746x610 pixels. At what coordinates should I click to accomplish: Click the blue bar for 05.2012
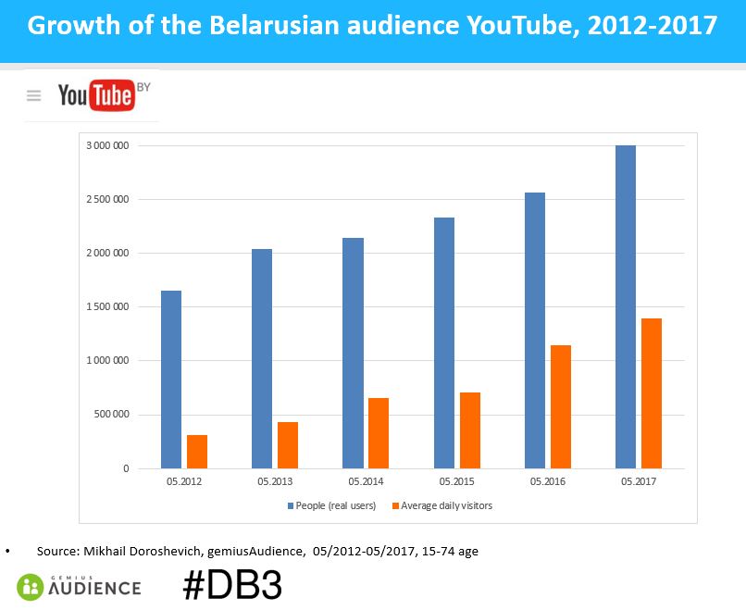[x=171, y=380]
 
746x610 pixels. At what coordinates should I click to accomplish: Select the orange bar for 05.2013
[x=288, y=445]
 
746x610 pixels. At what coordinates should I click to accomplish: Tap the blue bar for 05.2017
[x=626, y=306]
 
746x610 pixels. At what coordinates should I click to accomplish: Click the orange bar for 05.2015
[x=470, y=430]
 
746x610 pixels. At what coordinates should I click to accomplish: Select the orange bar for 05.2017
[x=652, y=393]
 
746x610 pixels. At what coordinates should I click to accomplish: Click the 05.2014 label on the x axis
[x=366, y=482]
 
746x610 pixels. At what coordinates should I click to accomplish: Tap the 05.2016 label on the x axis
[x=547, y=482]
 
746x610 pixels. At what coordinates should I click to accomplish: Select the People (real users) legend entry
[x=334, y=506]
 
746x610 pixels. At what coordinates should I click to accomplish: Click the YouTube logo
[x=96, y=94]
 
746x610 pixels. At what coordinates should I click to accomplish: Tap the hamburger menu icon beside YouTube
[x=34, y=95]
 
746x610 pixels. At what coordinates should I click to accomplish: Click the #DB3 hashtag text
[x=231, y=585]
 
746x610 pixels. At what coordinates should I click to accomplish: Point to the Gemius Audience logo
[x=79, y=586]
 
